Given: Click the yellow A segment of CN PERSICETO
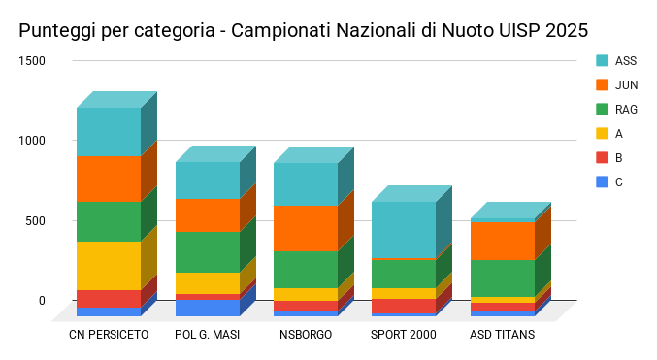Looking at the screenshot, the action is (x=109, y=266).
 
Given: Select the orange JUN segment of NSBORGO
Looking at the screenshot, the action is (x=306, y=228).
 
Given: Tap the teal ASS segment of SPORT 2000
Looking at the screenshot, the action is (x=404, y=230).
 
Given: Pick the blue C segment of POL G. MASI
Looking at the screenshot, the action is (x=208, y=308).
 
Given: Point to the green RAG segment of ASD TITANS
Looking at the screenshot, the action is (x=503, y=278).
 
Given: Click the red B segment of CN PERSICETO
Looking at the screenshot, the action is (x=109, y=299).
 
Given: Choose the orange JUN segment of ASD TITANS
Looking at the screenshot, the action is (x=503, y=241).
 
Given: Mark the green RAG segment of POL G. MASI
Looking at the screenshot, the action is (x=208, y=252).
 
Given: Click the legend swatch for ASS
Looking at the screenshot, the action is (x=602, y=61).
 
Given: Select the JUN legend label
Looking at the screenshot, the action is (x=626, y=85).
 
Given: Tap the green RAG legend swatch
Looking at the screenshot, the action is (x=602, y=110).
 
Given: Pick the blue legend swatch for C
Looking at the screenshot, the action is (x=602, y=182).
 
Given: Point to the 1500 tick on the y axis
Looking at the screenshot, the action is (x=32, y=61).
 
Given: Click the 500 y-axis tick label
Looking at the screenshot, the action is (x=35, y=221).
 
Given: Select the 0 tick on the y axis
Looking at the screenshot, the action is (x=42, y=301).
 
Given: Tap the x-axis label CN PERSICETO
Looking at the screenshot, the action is (x=109, y=335).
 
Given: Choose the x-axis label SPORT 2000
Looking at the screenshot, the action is (x=404, y=335).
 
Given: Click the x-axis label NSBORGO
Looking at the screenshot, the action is (x=306, y=335).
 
